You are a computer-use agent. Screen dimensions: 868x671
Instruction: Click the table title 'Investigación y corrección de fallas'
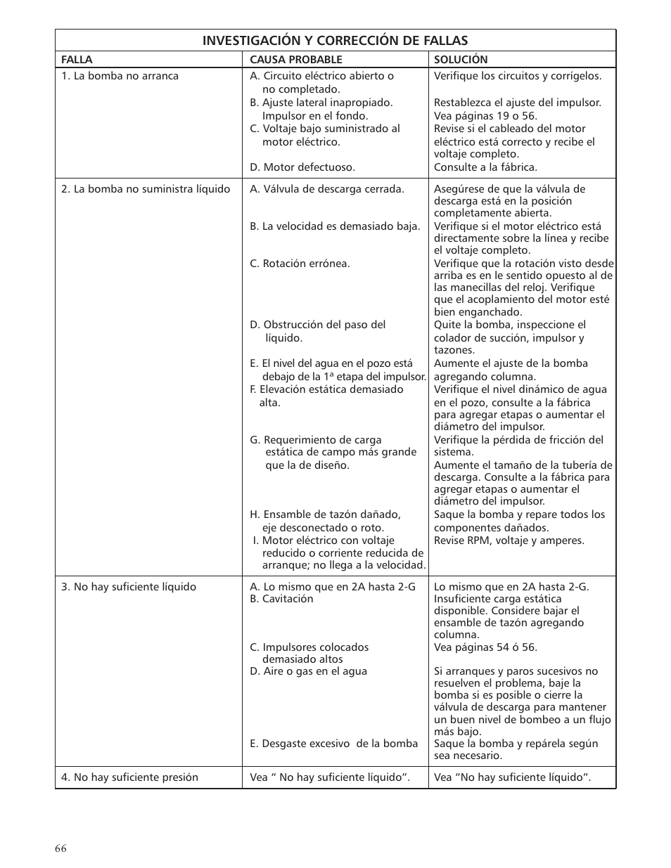(335, 41)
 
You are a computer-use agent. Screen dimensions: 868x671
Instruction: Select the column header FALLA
(77, 60)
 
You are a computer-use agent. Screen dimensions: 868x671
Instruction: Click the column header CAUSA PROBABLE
(295, 60)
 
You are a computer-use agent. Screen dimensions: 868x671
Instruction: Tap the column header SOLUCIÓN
(460, 60)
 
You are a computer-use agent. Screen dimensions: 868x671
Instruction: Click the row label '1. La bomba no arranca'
(120, 76)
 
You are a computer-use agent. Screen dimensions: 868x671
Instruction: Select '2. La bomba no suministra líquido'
(146, 189)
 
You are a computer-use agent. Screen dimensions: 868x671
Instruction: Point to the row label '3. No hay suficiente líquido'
(129, 587)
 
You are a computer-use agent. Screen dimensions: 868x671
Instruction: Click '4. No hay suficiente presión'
(129, 777)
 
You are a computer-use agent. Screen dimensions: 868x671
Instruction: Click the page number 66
(60, 848)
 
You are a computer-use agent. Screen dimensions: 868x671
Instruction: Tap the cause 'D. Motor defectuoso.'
(302, 167)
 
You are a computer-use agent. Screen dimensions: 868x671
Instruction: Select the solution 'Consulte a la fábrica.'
(485, 167)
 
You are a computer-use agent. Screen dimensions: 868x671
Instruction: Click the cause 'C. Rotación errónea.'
(300, 264)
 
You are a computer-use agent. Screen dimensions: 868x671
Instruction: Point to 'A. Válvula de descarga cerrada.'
(327, 189)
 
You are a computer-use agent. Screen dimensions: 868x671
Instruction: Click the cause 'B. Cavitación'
(281, 599)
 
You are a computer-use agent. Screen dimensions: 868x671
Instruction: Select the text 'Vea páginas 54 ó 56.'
(485, 647)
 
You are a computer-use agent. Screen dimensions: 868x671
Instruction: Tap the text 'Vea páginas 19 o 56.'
(485, 116)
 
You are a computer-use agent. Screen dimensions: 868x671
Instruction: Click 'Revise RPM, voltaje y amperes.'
(509, 540)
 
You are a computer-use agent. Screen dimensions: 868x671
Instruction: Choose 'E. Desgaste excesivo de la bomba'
(333, 744)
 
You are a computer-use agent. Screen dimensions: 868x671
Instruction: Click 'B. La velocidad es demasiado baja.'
(335, 226)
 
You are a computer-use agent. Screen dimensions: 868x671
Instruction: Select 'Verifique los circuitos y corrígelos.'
(517, 76)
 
